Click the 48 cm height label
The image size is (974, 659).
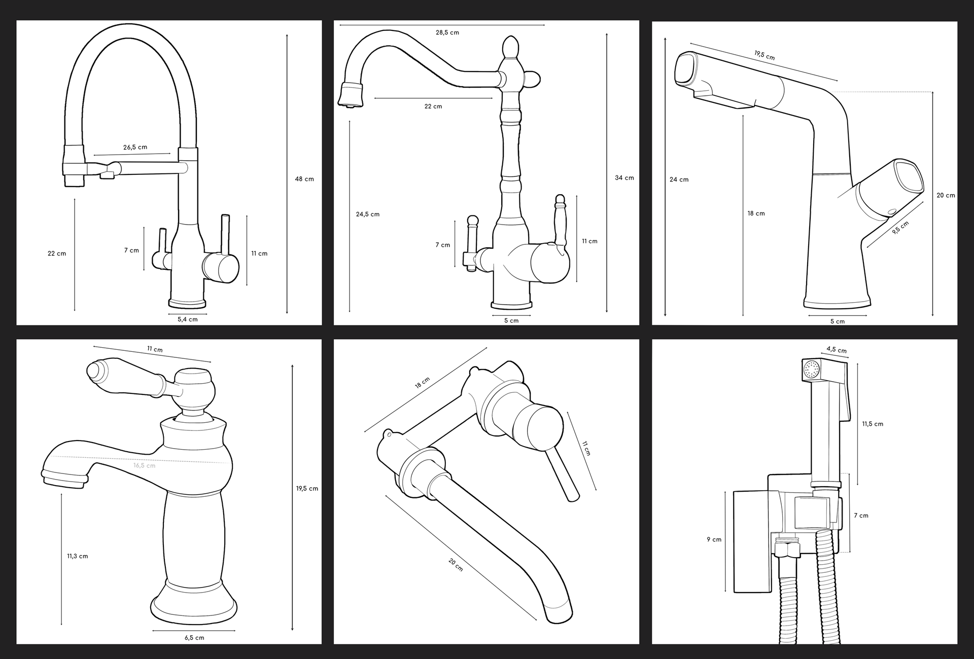point(304,179)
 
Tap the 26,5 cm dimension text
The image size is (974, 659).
point(135,148)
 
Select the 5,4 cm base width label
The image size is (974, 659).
point(188,319)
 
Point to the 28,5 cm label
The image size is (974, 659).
point(447,32)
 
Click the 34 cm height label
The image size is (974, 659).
point(624,178)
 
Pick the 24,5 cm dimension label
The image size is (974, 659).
point(368,214)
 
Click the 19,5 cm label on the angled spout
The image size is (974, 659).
point(764,55)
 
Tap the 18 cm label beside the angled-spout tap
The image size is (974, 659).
point(756,213)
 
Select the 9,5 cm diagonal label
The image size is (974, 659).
point(900,228)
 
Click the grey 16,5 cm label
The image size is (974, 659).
point(145,465)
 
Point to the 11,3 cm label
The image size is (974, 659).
point(78,556)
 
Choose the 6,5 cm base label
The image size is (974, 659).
point(194,638)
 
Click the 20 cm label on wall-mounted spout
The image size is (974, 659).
point(456,565)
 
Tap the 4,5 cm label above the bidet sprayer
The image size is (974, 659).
point(837,350)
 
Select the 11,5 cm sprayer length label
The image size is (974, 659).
point(873,424)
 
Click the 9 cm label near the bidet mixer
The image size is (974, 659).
point(714,539)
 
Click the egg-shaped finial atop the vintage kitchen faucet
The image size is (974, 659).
point(510,47)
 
